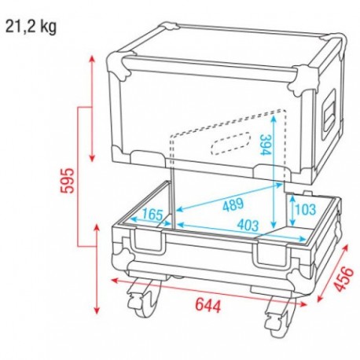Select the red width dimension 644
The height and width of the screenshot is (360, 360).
click(210, 303)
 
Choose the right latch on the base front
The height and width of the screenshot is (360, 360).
click(275, 256)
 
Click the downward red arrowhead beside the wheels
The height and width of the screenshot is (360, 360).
click(97, 310)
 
